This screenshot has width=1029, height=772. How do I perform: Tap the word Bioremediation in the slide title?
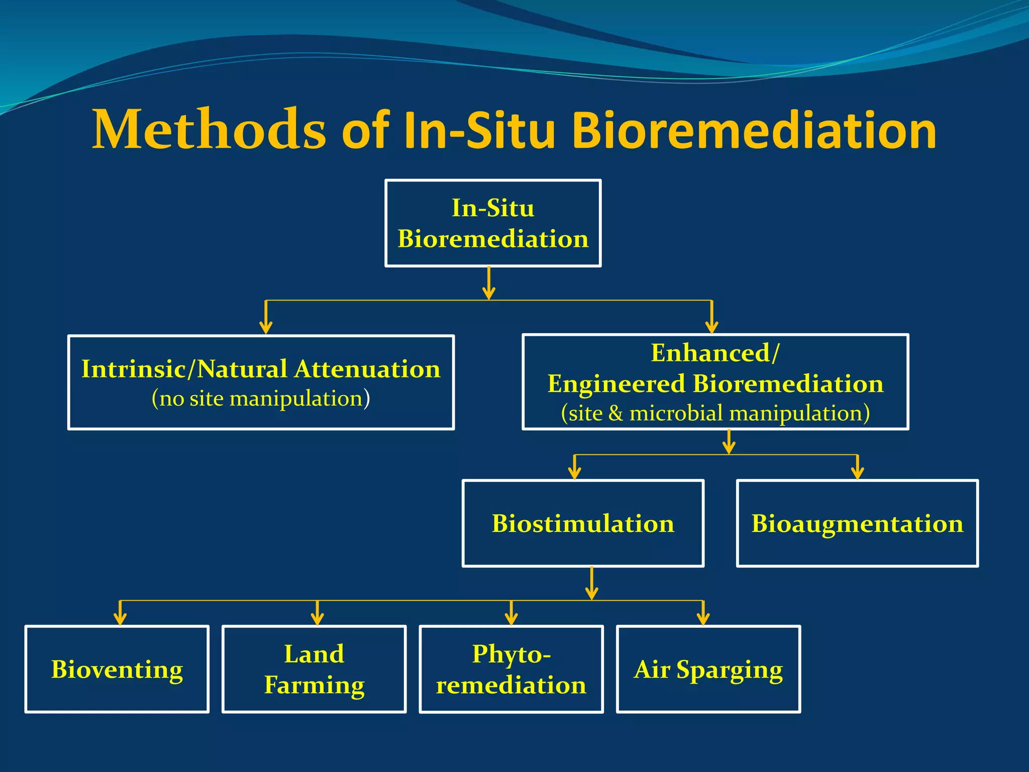(x=754, y=131)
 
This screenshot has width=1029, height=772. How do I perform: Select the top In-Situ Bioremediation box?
(x=493, y=223)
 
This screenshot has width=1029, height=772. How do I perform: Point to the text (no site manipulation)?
(x=261, y=399)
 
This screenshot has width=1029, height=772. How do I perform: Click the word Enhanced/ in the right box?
(x=715, y=353)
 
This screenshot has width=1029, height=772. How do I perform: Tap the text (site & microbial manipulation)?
(x=715, y=413)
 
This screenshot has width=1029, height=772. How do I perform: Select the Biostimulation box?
(x=583, y=524)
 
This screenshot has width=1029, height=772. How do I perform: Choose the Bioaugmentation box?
(x=857, y=524)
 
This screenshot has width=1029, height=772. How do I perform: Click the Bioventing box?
(x=117, y=669)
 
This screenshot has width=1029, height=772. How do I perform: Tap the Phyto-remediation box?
(x=511, y=669)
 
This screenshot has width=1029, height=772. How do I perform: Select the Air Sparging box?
(x=708, y=669)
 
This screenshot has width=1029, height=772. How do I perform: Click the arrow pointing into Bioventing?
(x=120, y=613)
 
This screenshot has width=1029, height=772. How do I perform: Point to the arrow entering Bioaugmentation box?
(x=857, y=467)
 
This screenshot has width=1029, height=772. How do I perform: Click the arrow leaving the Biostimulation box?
(x=592, y=583)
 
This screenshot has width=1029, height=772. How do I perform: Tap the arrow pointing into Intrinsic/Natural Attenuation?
(x=266, y=318)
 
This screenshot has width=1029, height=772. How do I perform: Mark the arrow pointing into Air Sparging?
(x=703, y=613)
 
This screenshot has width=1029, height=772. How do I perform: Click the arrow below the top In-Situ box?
(x=489, y=283)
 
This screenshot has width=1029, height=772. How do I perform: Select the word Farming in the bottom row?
(x=314, y=685)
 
